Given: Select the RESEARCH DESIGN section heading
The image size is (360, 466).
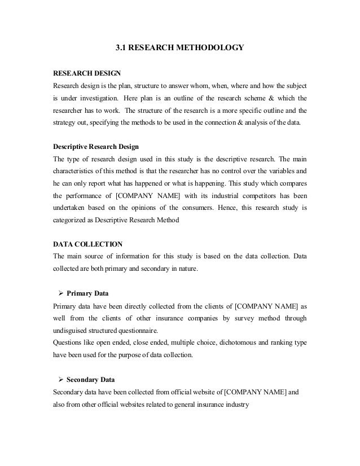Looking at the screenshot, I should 86,73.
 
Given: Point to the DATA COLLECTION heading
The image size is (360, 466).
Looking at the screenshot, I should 87,244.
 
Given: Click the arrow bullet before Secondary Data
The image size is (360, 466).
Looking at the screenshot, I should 60,379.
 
